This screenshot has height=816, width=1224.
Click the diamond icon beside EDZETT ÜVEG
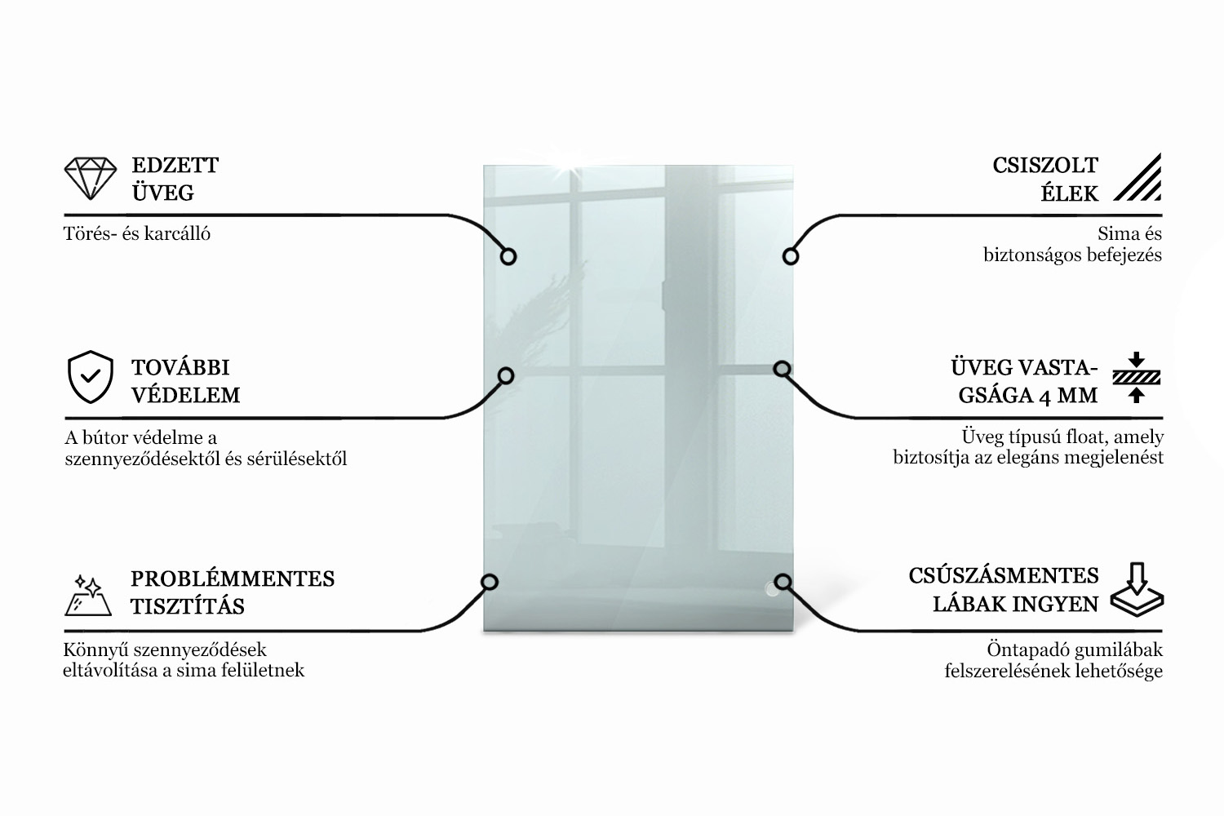tap(90, 179)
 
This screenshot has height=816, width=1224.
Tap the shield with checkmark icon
tap(90, 376)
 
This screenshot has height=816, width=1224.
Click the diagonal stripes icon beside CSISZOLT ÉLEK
tap(1138, 177)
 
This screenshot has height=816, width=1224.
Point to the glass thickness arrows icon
tap(1137, 377)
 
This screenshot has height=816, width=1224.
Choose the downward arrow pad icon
tap(1138, 590)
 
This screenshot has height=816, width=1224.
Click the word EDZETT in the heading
tap(175, 165)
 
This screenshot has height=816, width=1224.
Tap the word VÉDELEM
tap(186, 395)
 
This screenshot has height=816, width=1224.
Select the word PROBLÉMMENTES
tap(233, 579)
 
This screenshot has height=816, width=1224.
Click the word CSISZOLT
tap(1045, 165)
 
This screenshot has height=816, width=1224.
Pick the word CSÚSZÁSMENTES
tap(1004, 575)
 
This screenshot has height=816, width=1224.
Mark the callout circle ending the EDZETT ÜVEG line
tap(508, 256)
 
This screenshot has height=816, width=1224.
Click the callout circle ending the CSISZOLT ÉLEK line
tap(790, 256)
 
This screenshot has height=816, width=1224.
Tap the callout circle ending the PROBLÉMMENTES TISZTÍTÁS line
tap(490, 582)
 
